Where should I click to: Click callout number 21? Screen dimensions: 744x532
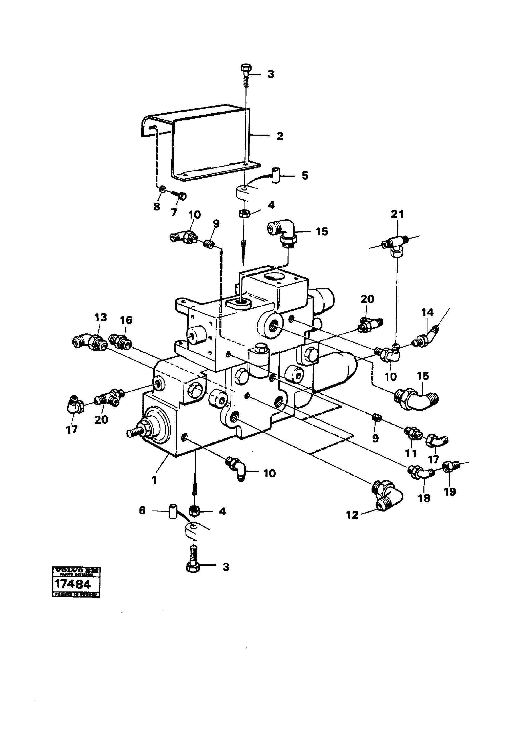397,215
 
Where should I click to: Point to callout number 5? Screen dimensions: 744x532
305,176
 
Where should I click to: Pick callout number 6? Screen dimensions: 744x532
142,511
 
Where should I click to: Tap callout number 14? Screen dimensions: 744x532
427,312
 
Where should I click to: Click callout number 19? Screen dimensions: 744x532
450,492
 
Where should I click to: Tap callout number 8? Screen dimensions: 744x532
157,207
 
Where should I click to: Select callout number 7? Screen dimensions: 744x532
174,212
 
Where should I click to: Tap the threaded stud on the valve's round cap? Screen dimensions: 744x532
134,433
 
